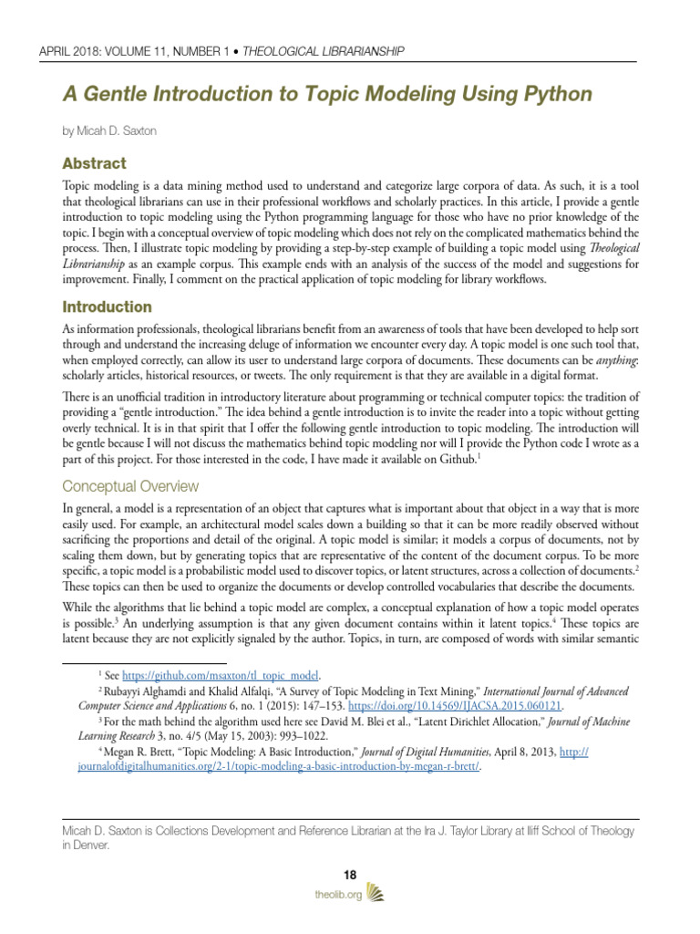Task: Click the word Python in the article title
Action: click(551, 94)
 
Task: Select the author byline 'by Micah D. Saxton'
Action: click(108, 131)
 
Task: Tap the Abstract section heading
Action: click(94, 164)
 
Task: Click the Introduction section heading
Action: click(107, 306)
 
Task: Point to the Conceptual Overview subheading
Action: click(129, 486)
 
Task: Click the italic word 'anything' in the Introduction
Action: click(612, 360)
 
